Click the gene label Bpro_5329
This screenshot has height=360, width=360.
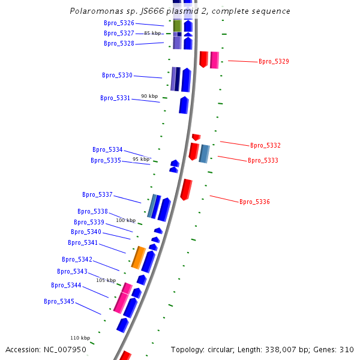click(x=274, y=62)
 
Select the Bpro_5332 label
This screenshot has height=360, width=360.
click(x=265, y=146)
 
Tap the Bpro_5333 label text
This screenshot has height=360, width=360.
click(x=263, y=161)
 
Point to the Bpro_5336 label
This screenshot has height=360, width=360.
click(x=254, y=202)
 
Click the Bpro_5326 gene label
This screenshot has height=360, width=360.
click(x=119, y=23)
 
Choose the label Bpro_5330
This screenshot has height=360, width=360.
click(x=117, y=76)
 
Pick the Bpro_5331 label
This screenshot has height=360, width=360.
click(x=115, y=98)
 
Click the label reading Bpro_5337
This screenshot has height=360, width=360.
click(x=97, y=195)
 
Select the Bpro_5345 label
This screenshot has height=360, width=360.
click(x=59, y=302)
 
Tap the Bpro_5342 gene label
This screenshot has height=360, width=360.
click(x=77, y=260)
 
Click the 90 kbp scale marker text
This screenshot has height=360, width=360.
click(x=149, y=97)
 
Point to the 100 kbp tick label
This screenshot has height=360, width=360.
click(x=126, y=220)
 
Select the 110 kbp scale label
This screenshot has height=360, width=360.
click(x=80, y=338)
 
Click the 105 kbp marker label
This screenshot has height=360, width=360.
click(x=106, y=281)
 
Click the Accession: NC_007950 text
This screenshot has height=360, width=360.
click(x=46, y=350)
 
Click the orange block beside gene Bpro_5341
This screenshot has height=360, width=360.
click(x=139, y=257)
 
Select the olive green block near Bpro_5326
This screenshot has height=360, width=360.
click(x=177, y=26)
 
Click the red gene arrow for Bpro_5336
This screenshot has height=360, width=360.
click(x=187, y=189)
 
